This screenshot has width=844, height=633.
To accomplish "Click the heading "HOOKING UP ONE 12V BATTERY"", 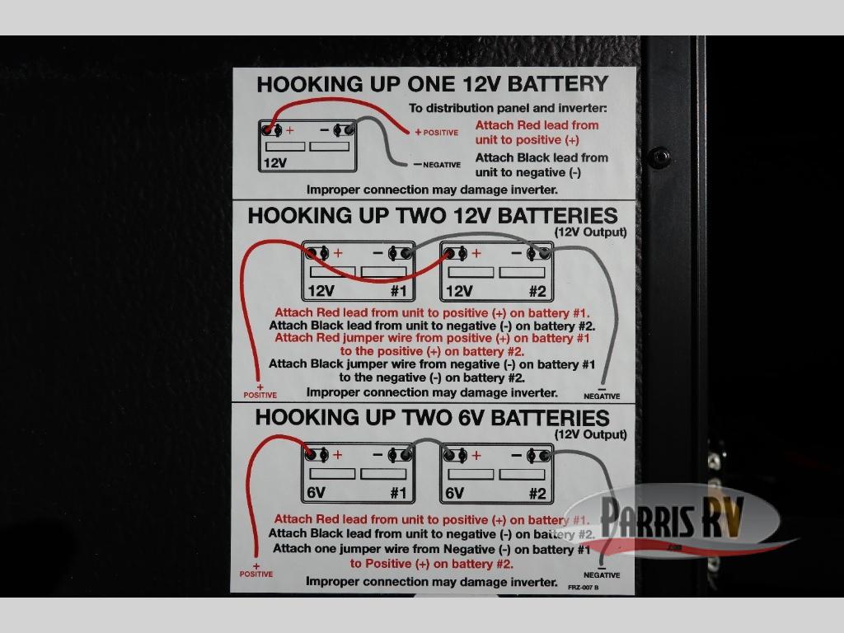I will pyautogui.click(x=432, y=84).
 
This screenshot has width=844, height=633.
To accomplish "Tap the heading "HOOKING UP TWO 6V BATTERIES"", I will pyautogui.click(x=432, y=417).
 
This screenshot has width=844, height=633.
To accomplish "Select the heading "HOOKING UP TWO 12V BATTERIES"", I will pyautogui.click(x=432, y=216).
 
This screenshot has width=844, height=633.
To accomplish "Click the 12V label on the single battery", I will pyautogui.click(x=274, y=163).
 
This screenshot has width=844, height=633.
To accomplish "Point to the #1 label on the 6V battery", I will pyautogui.click(x=398, y=493).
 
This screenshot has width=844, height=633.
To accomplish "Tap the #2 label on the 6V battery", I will pyautogui.click(x=537, y=493).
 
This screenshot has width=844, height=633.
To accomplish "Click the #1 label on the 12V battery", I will pyautogui.click(x=398, y=290).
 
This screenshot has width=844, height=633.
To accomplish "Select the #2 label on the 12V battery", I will pyautogui.click(x=537, y=290).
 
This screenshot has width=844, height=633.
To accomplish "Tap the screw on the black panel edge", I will pyautogui.click(x=659, y=157).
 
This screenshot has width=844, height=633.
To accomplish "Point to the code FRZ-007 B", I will pyautogui.click(x=583, y=588).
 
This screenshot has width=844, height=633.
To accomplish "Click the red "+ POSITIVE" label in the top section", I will pyautogui.click(x=437, y=133).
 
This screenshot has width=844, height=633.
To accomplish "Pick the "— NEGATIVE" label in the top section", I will pyautogui.click(x=437, y=165).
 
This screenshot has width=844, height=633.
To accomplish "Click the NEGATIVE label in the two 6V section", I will pyautogui.click(x=602, y=574).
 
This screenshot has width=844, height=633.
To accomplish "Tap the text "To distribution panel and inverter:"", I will pyautogui.click(x=508, y=108).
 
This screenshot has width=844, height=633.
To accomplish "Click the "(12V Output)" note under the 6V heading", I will pyautogui.click(x=590, y=434).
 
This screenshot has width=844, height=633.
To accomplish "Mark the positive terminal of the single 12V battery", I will pyautogui.click(x=270, y=129).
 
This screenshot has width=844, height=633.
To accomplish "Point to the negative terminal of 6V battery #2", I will pyautogui.click(x=542, y=455).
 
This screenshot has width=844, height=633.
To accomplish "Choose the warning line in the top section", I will pyautogui.click(x=432, y=190).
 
